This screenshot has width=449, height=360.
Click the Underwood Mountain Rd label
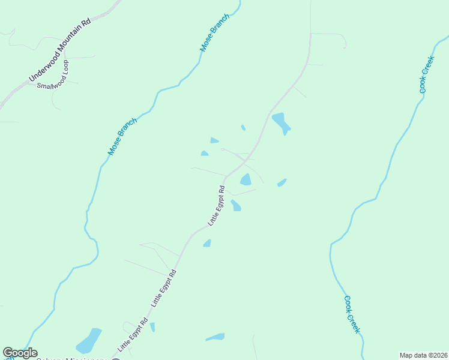pyautogui.click(x=59, y=50)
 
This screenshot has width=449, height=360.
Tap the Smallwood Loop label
pyautogui.click(x=53, y=74)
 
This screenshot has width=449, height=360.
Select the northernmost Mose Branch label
pyautogui.click(x=215, y=32)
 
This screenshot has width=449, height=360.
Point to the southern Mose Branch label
pyautogui.click(x=122, y=137)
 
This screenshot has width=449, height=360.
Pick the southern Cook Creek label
pyautogui.click(x=352, y=314)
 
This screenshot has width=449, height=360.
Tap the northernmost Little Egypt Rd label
pyautogui.click(x=216, y=206)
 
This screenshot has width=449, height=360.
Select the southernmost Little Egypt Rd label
pyautogui.click(x=132, y=335)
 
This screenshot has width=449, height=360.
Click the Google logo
pyautogui.click(x=20, y=353)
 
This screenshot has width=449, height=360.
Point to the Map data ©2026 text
pyautogui.click(x=423, y=355)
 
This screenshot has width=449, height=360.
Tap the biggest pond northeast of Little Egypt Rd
pyautogui.click(x=281, y=122)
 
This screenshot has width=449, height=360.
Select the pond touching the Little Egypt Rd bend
pyautogui.click(x=246, y=179)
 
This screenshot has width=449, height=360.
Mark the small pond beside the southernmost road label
pyautogui.click(x=152, y=327)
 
